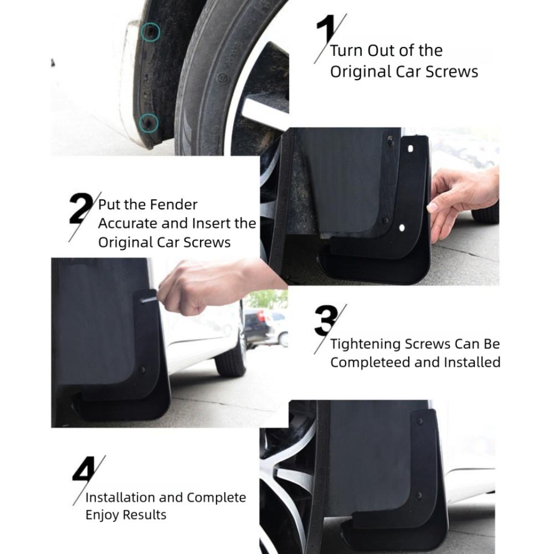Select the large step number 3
(x=326, y=321)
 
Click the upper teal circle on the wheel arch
(x=150, y=33)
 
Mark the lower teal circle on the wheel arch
(x=148, y=122)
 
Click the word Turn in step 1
(x=346, y=51)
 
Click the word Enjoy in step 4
(x=102, y=515)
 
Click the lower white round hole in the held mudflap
(x=401, y=227)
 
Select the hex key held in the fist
(x=148, y=299)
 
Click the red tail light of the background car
(x=260, y=316)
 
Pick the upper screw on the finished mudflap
(x=420, y=421)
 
